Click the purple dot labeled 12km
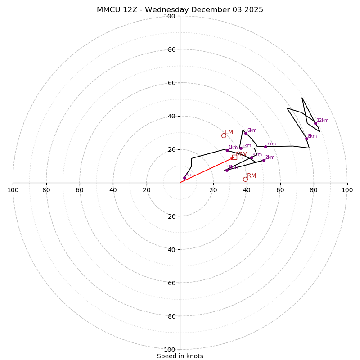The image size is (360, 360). click(315, 123)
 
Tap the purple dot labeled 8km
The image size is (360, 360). click(306, 139)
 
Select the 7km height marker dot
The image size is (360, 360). click(265, 147)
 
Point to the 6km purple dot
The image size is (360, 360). click(246, 133)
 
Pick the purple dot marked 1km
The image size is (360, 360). click(227, 150)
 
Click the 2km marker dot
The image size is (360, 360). click(264, 160)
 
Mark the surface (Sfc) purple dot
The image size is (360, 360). click(184, 178)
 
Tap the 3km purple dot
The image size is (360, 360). click(227, 170)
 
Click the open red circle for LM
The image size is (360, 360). click(224, 135)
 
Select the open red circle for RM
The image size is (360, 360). click(245, 179)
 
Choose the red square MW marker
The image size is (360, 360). click(234, 157)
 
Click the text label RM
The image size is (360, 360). click(252, 176)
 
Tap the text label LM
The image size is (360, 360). click(229, 132)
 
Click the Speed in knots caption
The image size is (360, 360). click(180, 356)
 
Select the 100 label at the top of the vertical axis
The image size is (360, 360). click(170, 16)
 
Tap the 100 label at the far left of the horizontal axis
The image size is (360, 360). click(13, 190)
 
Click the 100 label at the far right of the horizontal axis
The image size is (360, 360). click(347, 190)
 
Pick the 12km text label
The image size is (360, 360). click(323, 121)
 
